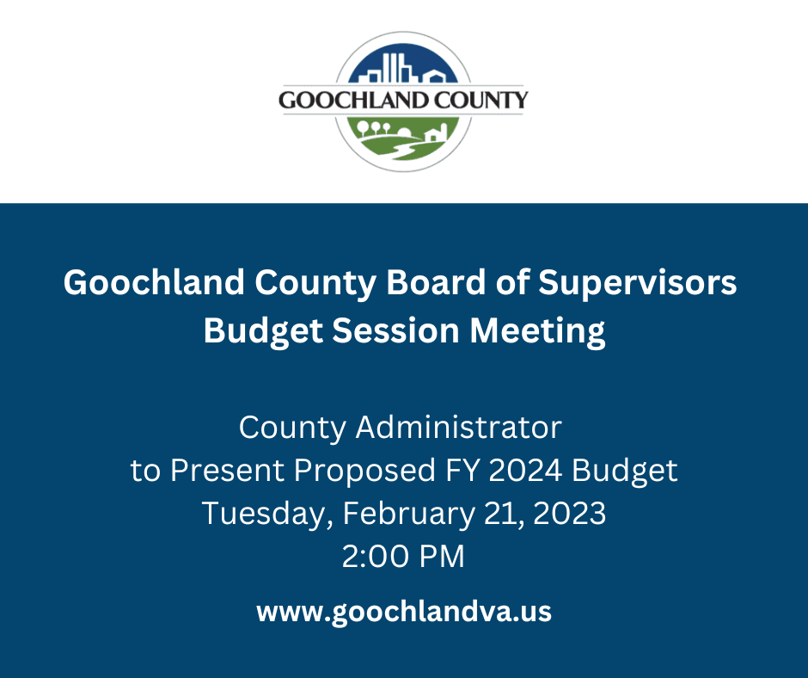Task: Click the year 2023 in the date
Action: pyautogui.click(x=569, y=515)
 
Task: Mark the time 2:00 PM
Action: pyautogui.click(x=403, y=558)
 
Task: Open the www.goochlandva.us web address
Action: pyautogui.click(x=403, y=612)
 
